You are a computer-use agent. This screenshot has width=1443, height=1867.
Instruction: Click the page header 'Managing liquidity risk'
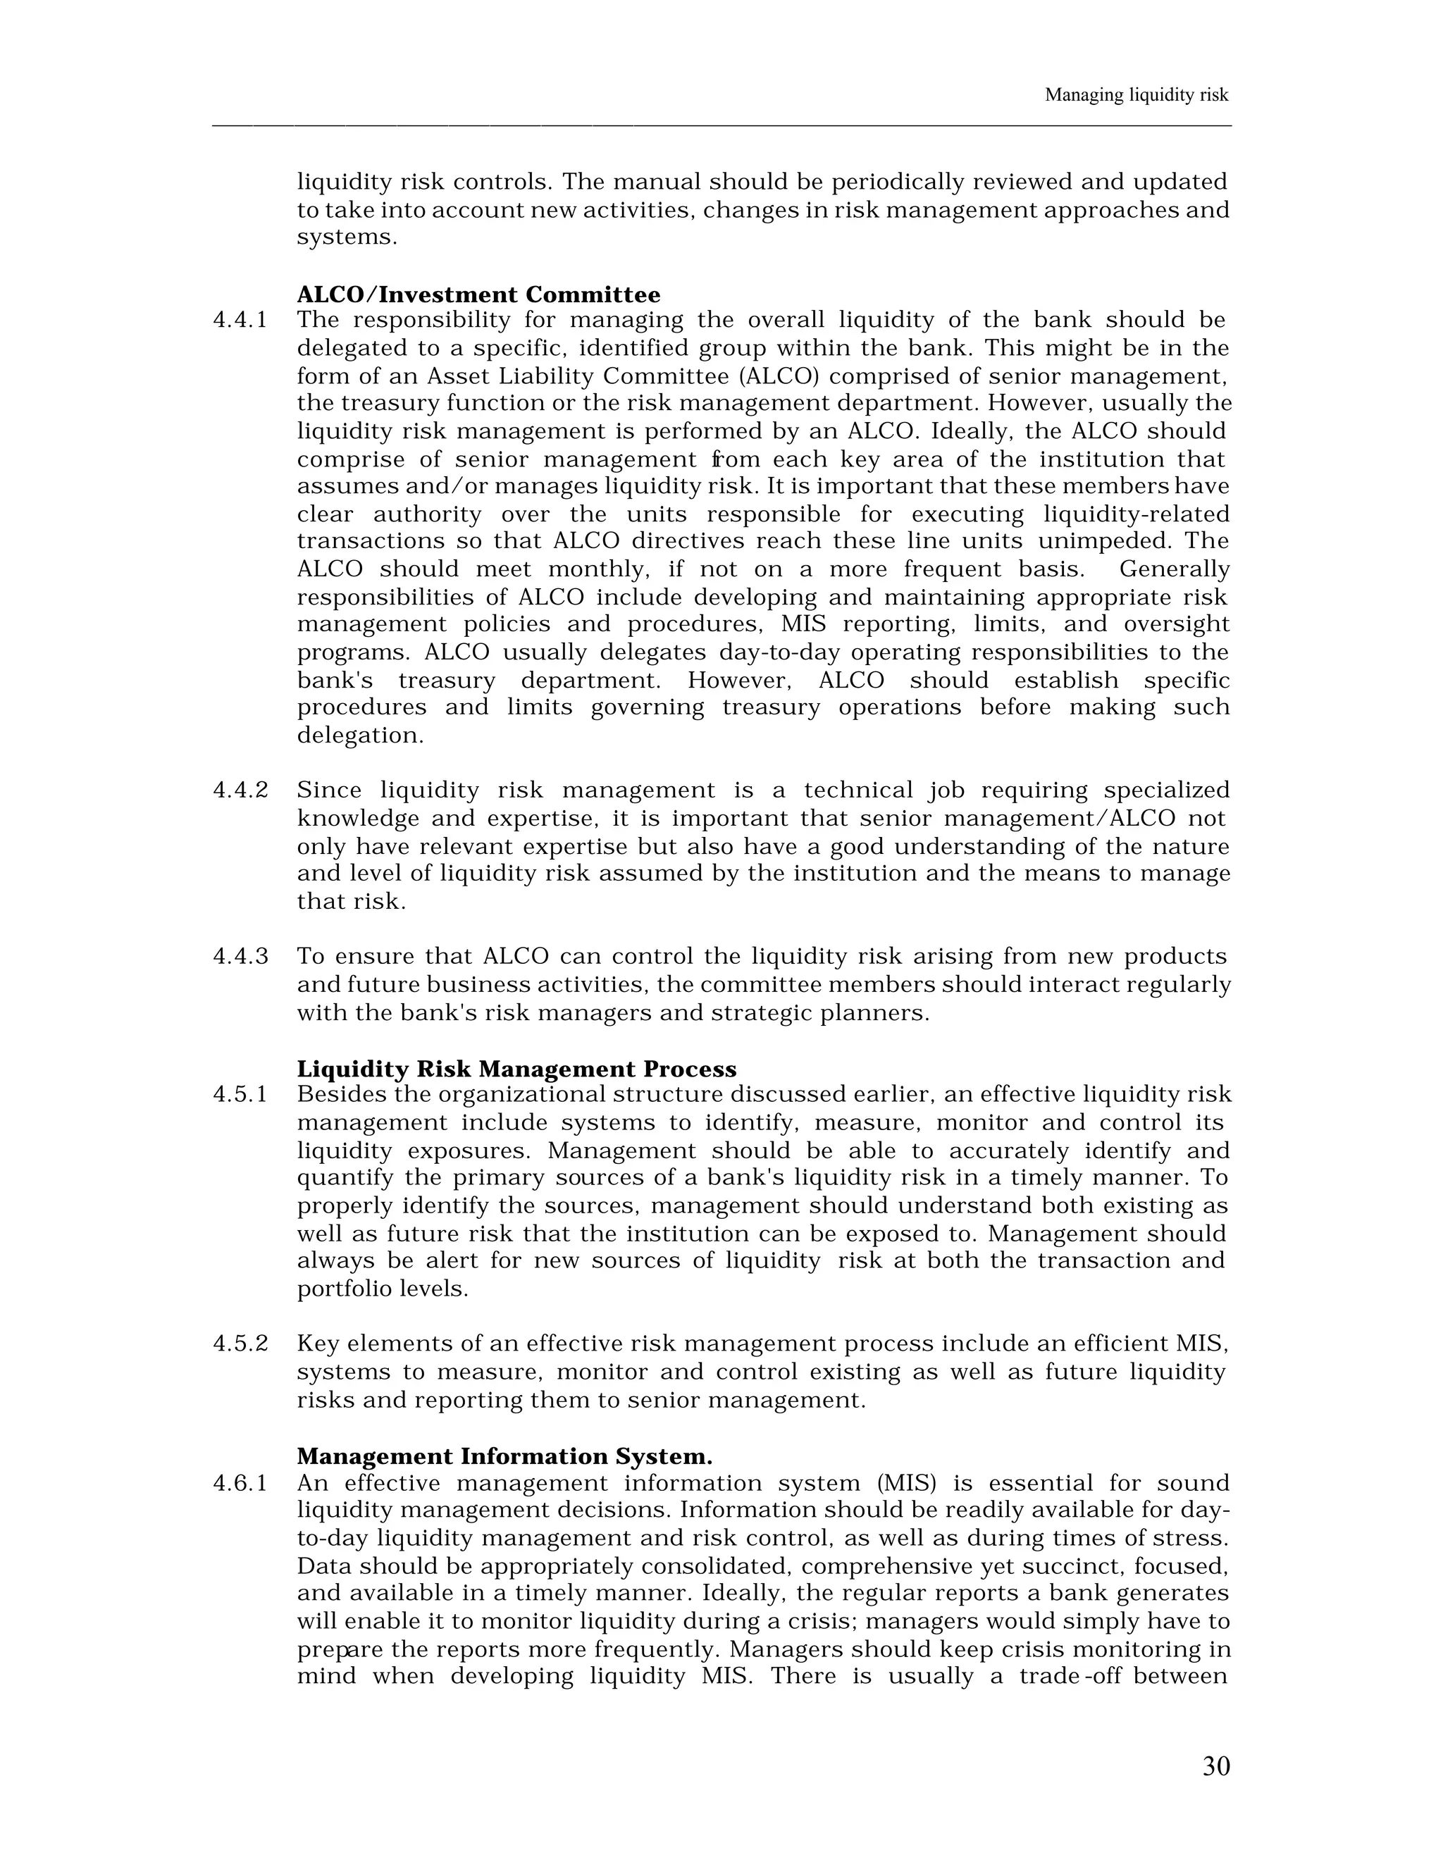pyautogui.click(x=1136, y=96)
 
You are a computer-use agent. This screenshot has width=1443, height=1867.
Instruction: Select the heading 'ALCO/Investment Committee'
pyautogui.click(x=478, y=295)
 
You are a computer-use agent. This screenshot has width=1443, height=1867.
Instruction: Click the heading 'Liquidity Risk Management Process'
pyautogui.click(x=516, y=1069)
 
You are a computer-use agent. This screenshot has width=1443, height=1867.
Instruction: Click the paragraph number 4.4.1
pyautogui.click(x=240, y=321)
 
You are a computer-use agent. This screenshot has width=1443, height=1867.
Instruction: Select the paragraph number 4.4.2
pyautogui.click(x=240, y=790)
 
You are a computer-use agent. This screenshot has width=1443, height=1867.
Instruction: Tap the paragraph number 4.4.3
pyautogui.click(x=240, y=957)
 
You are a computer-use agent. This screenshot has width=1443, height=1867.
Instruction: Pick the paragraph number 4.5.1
pyautogui.click(x=240, y=1095)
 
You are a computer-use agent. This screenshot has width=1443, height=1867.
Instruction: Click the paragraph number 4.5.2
pyautogui.click(x=240, y=1344)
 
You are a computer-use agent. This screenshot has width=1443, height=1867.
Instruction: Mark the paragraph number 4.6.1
pyautogui.click(x=240, y=1483)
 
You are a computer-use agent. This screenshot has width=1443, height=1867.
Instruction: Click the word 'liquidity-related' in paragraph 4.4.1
pyautogui.click(x=1136, y=514)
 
